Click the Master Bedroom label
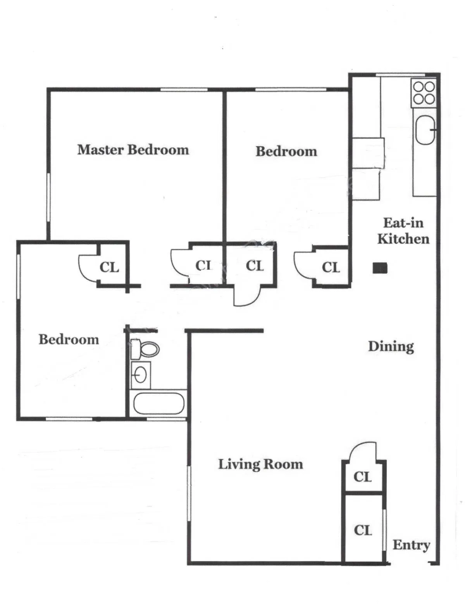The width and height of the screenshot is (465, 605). tap(133, 150)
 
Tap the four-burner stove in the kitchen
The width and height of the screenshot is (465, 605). tap(424, 93)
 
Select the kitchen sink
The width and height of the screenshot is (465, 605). tap(425, 130)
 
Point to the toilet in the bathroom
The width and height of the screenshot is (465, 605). tap(145, 349)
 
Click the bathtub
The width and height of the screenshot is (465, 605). tap(158, 404)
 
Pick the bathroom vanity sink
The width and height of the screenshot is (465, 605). tap(140, 374)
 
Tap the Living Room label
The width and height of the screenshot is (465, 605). tap(260, 464)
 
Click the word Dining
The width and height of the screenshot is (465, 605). tap(391, 346)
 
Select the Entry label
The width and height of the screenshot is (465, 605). tap(411, 545)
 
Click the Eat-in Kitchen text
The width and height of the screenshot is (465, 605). tap(403, 231)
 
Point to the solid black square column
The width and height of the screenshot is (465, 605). tap(380, 268)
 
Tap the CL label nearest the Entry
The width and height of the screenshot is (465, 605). tap(363, 530)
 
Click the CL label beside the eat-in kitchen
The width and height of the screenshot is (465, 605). tap(331, 267)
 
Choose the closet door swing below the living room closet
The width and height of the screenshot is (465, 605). tap(362, 451)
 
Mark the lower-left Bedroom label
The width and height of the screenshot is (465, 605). tap(69, 339)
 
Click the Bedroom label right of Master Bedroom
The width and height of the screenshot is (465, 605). tap(286, 151)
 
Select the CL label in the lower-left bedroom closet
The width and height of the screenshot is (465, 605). tap(109, 267)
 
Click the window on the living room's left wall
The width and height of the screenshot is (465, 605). tap(189, 494)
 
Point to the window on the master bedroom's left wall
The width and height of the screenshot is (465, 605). tap(49, 197)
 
